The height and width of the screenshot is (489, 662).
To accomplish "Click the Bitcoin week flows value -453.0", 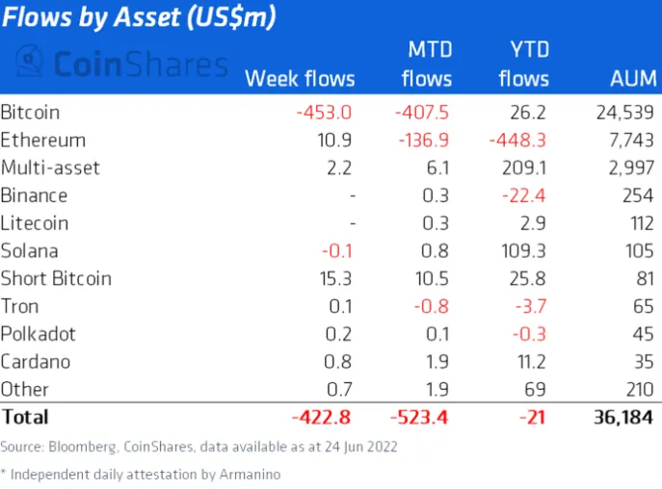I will pos(325,112).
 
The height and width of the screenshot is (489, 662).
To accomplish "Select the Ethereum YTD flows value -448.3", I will pos(520,140).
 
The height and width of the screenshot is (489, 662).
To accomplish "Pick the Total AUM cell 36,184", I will pos(620,418).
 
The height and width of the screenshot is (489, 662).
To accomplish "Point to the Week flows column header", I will pos(300,78).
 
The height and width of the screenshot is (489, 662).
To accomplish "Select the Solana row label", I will pos(30,251).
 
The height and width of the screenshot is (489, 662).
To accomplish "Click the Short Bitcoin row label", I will pos(57,279).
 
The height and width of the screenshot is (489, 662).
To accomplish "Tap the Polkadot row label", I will pos(39,334).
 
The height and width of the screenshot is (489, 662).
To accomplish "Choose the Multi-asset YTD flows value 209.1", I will pos(524,167).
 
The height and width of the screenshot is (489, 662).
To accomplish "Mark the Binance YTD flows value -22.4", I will pos(528,195).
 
